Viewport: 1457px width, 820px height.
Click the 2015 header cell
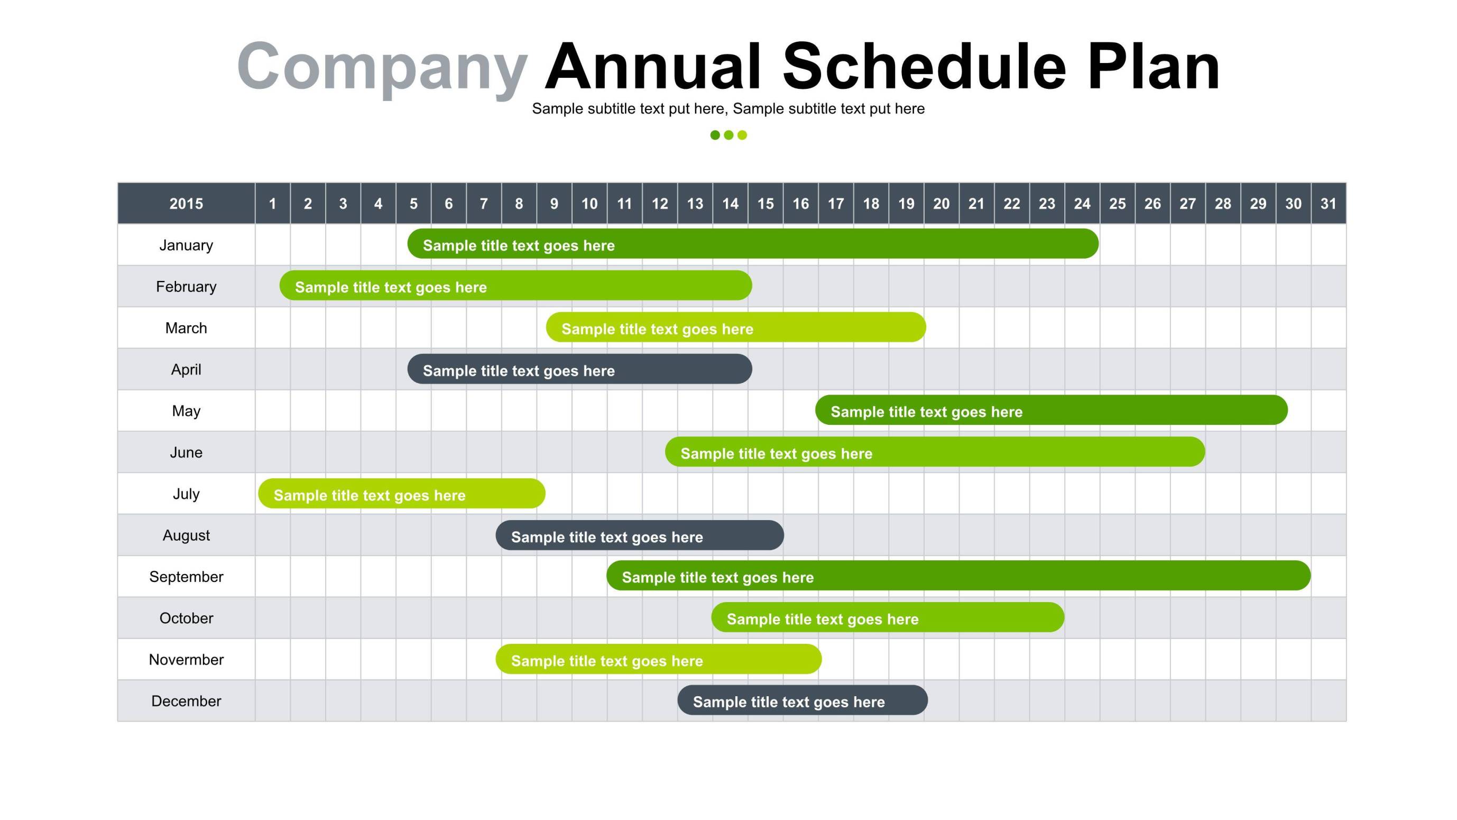pos(186,203)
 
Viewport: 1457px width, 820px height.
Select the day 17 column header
pos(835,203)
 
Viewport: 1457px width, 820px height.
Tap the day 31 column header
pos(1328,203)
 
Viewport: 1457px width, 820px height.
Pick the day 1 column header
pos(273,203)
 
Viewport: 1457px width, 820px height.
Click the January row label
pos(186,245)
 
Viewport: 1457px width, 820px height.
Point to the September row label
pos(186,577)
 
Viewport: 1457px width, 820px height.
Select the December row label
pos(186,701)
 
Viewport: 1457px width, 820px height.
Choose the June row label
pos(186,452)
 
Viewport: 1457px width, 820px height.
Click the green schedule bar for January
pos(753,244)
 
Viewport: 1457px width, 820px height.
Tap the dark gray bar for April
pos(580,369)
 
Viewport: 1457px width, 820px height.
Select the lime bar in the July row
pos(402,494)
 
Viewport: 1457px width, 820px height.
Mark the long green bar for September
pos(958,576)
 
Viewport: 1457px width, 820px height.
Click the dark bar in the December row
pos(803,700)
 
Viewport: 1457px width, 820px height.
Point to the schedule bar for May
pos(1052,409)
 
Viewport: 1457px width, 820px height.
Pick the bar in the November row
pos(658,659)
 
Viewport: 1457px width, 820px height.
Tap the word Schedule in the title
pos(924,67)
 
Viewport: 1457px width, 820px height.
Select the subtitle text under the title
pos(728,108)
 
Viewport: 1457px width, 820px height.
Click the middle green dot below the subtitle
pos(728,135)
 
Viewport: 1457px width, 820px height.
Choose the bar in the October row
pos(888,617)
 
